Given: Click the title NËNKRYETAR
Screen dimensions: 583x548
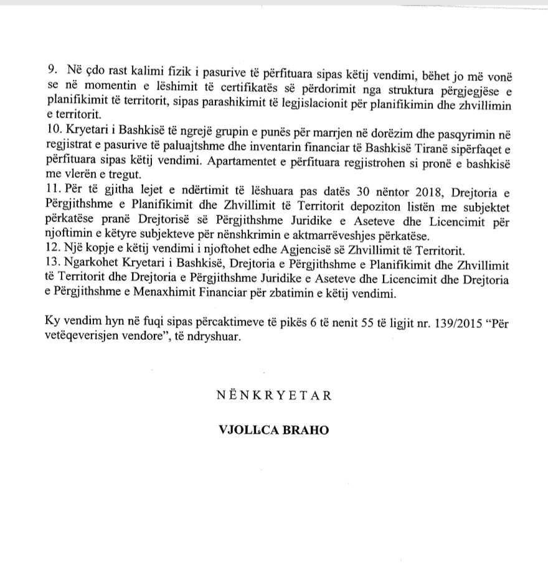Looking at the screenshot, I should click(273, 395).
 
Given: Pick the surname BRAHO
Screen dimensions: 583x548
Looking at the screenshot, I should click(305, 430).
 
